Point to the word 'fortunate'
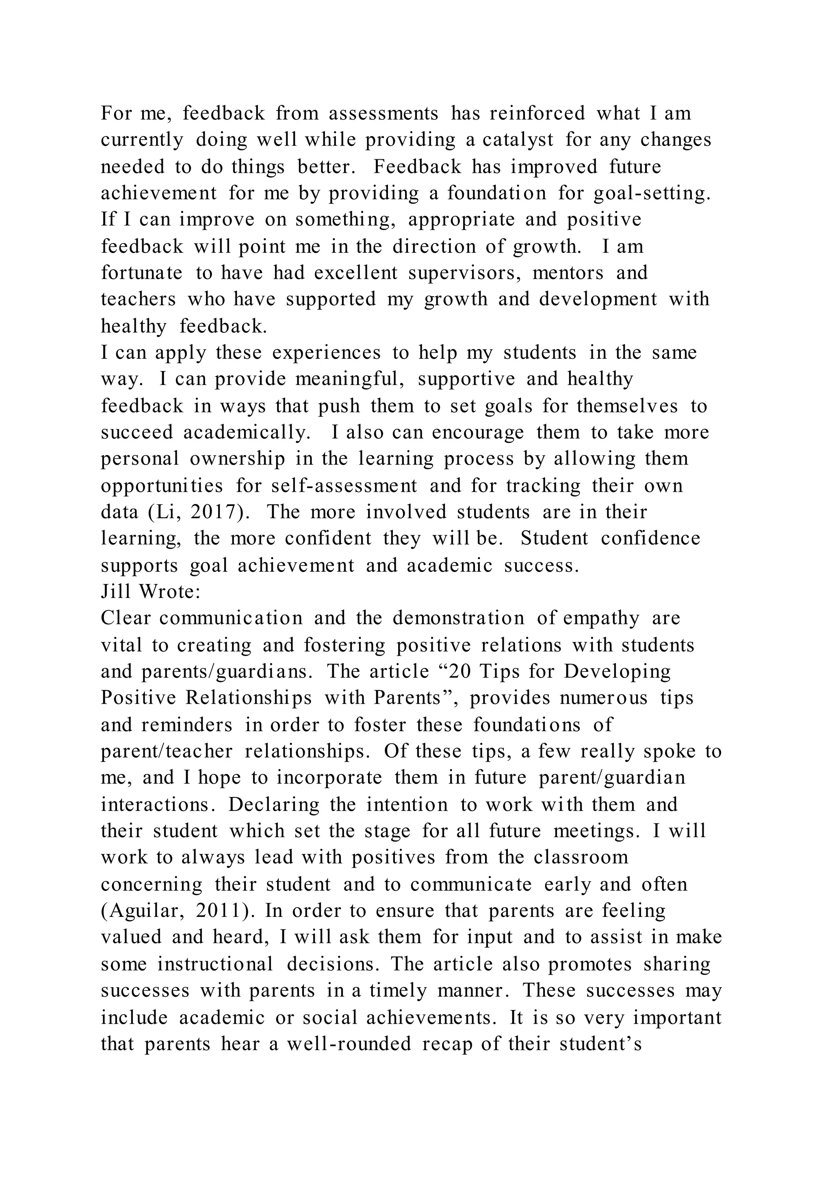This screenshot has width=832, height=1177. point(141,273)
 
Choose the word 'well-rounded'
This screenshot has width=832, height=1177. point(349,1044)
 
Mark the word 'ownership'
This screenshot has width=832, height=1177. point(237,459)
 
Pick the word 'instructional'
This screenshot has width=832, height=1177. point(215,964)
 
